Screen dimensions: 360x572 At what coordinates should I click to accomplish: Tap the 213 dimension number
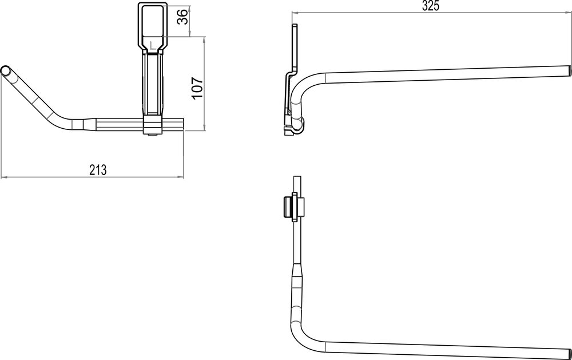tap(98, 169)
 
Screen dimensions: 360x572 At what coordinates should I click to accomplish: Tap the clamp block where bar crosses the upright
tap(152, 125)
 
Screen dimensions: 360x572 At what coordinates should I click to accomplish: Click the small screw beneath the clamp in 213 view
tap(152, 134)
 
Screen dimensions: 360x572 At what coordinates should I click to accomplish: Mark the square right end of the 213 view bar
tap(182, 124)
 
